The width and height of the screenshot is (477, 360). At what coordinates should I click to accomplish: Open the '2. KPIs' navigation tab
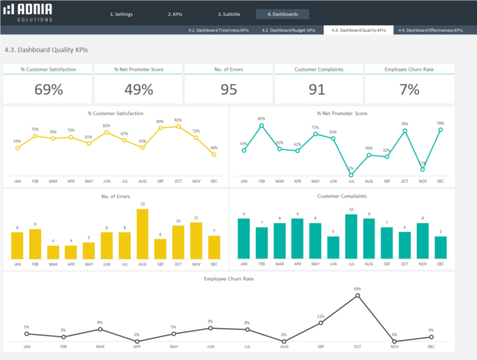click(x=175, y=14)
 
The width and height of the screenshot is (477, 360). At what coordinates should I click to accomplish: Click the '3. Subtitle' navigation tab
click(x=231, y=14)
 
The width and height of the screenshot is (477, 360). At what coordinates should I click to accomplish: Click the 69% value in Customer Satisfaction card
click(x=47, y=89)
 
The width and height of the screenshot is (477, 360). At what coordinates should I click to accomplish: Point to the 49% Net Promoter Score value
click(x=138, y=89)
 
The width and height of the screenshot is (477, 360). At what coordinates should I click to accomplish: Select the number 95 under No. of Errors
click(x=229, y=89)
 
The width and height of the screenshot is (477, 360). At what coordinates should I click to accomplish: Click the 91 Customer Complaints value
click(x=318, y=89)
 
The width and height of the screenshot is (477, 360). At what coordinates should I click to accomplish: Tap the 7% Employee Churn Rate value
click(x=409, y=89)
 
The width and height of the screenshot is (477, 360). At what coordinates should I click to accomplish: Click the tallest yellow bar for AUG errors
click(x=142, y=234)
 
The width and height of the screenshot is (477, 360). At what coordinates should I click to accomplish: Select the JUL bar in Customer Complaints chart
click(x=351, y=237)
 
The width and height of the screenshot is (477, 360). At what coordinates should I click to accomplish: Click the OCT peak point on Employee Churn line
click(x=358, y=294)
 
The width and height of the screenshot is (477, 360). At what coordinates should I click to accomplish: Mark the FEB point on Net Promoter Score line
click(x=262, y=123)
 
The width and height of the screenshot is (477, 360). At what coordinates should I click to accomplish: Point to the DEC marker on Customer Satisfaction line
click(x=213, y=154)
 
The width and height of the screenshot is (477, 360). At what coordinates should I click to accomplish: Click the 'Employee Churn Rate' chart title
click(x=229, y=279)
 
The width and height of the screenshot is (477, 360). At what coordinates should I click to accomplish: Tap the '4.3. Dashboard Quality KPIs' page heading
click(x=46, y=49)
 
